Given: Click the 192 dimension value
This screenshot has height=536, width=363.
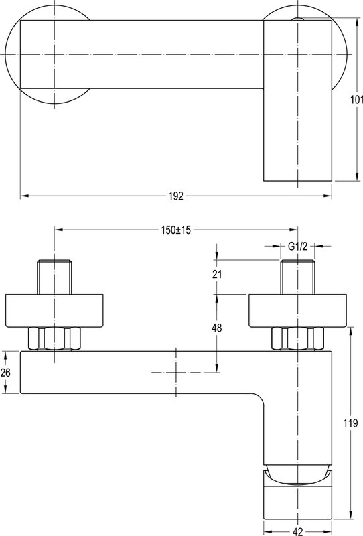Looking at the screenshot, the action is [176, 196].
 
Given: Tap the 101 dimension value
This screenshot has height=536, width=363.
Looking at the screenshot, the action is [356, 99].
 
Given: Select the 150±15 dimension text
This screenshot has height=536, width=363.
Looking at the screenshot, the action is [176, 230].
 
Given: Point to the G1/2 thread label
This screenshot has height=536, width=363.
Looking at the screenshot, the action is [297, 246].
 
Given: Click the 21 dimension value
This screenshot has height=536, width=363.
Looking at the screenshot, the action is [217, 274].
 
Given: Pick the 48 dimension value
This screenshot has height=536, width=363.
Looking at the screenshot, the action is [217, 328].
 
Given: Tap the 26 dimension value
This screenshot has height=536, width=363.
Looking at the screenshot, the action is [5, 373].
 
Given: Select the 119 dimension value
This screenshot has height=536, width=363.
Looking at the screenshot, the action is [350, 423].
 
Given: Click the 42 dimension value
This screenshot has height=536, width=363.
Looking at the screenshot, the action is [298, 531].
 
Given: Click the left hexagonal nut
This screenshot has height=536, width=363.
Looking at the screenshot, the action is [55, 338].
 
